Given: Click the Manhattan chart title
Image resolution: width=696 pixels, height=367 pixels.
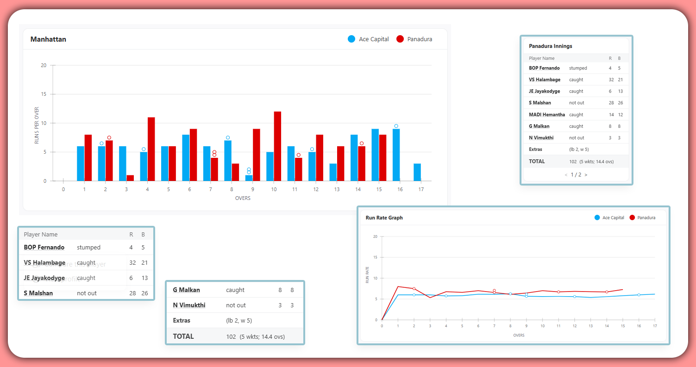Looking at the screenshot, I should point(48,39).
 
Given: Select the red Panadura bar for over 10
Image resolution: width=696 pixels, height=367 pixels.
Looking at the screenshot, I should point(277,146).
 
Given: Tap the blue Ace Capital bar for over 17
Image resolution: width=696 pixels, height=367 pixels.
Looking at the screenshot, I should point(417,172).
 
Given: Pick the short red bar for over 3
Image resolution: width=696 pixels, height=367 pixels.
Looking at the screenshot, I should point(130,178).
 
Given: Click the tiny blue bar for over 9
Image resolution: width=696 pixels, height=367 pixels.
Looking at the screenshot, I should point(249,178).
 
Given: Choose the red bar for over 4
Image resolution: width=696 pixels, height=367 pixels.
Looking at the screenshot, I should point(151,149).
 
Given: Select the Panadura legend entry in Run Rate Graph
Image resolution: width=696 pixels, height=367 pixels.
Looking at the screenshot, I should point(646,218).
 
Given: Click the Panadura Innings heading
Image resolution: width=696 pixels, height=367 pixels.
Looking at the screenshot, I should point(551,46).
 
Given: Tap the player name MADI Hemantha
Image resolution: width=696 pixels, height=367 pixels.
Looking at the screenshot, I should point(547,115).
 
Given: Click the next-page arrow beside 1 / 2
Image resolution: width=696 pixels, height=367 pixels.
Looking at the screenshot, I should point(586,175).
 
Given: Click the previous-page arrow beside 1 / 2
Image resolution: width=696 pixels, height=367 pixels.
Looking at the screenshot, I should point(566,175).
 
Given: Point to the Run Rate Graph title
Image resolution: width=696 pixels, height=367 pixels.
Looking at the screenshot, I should point(384,218).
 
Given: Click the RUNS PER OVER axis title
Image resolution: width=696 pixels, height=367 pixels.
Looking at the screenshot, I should point(37,125).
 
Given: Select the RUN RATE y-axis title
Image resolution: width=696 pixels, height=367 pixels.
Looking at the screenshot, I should point(368,275).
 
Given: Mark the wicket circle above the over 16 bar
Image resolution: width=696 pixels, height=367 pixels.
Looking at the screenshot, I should point(396,126).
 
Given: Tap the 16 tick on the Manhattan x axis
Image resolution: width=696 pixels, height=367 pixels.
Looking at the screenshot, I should point(400,189).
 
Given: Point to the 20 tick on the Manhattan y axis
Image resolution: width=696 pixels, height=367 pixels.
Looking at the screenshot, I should point(44,65).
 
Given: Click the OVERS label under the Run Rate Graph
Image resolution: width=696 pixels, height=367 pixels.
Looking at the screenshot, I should point(519,335).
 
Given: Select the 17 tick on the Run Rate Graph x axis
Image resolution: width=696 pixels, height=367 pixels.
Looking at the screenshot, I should point(655,326).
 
